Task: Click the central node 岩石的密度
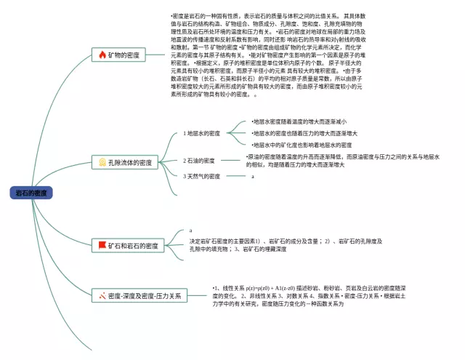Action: point(31,193)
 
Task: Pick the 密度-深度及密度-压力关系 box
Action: point(139,296)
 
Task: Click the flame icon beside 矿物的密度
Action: point(101,55)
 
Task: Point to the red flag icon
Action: point(102,247)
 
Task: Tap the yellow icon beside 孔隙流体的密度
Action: point(102,163)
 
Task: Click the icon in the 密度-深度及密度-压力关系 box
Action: point(102,296)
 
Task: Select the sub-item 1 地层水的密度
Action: point(201,134)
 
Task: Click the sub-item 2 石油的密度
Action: point(198,161)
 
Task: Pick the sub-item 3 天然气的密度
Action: point(201,176)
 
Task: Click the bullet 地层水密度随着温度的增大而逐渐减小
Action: point(299,121)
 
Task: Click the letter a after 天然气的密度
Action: point(252,176)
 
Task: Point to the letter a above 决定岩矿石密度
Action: point(190,231)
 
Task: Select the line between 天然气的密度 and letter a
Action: point(235,176)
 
